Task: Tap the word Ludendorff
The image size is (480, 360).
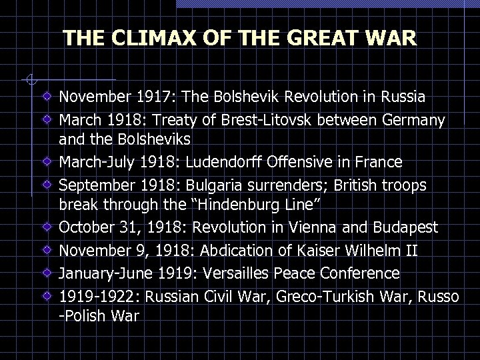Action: tap(244, 162)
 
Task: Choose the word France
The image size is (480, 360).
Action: tap(377, 162)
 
